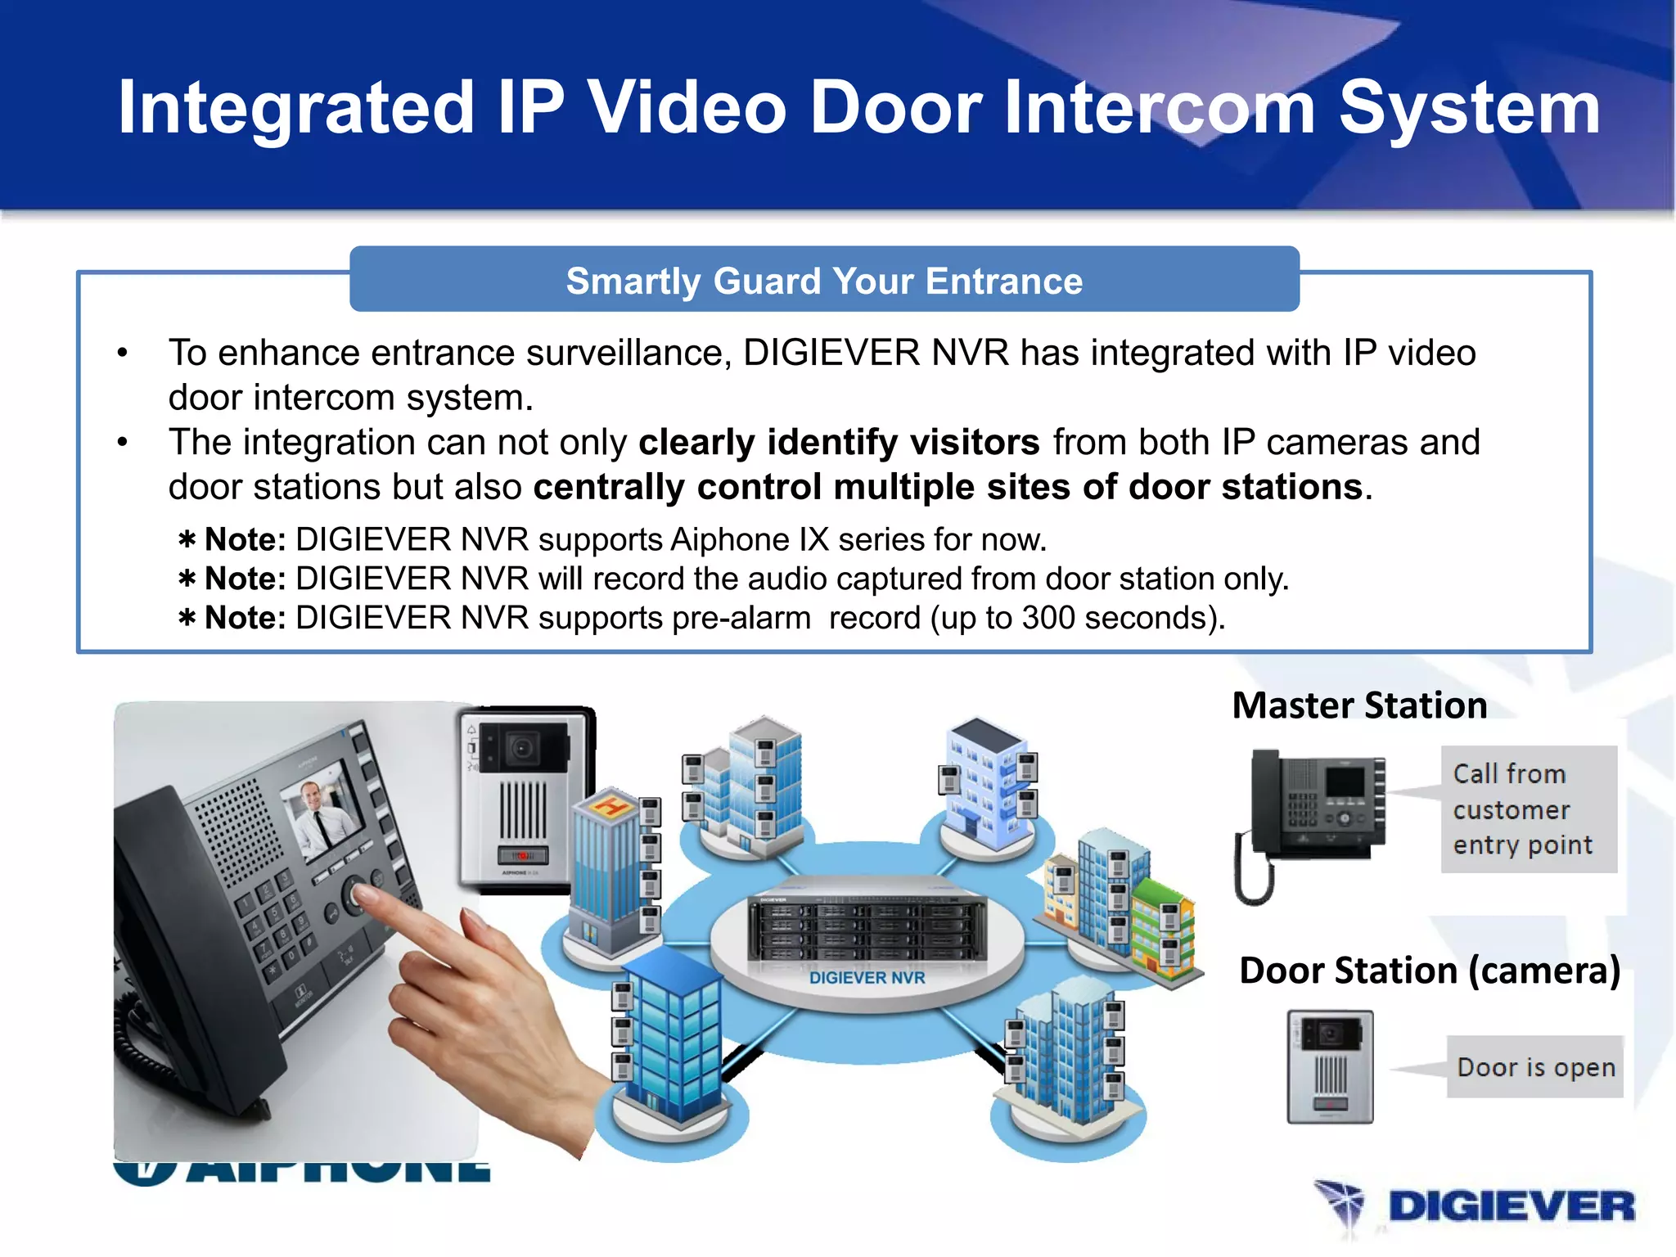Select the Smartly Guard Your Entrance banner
[824, 281]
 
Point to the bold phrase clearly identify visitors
[839, 443]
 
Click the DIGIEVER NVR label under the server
[867, 978]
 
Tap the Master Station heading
[1359, 705]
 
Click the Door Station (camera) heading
[1430, 971]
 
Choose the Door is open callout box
[1535, 1067]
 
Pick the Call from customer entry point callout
[1527, 809]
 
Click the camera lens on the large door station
[521, 747]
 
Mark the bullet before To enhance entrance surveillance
[123, 354]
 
